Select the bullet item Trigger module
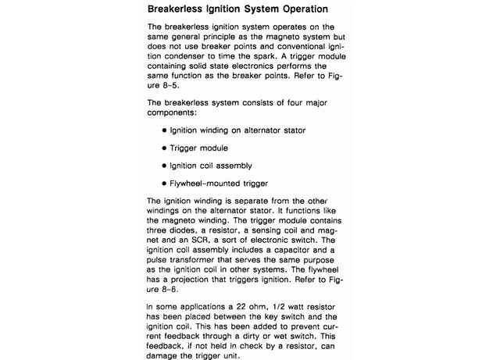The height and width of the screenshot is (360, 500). point(199,148)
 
